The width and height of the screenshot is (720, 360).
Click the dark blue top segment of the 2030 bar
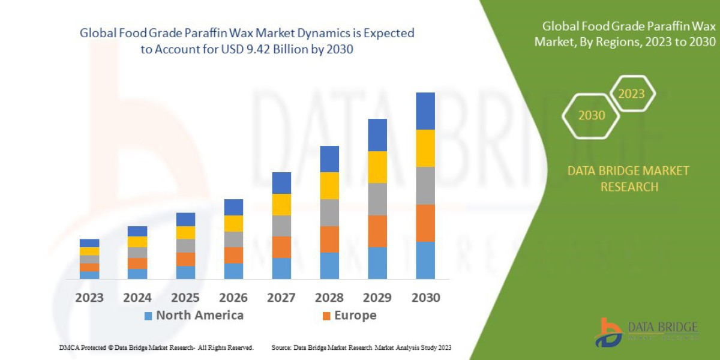pyautogui.click(x=425, y=111)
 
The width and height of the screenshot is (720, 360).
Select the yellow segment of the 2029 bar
pyautogui.click(x=377, y=167)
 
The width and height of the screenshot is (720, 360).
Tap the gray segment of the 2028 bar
pyautogui.click(x=329, y=212)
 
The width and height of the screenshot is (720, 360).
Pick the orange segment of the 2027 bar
pyautogui.click(x=281, y=247)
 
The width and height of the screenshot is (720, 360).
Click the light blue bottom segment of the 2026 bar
pyautogui.click(x=233, y=271)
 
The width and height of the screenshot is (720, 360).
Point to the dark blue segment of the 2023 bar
pyautogui.click(x=89, y=243)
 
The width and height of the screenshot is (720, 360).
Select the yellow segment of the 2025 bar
pyautogui.click(x=185, y=233)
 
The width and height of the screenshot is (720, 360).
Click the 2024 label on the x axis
pyautogui.click(x=137, y=298)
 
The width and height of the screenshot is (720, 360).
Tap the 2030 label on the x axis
pyautogui.click(x=425, y=298)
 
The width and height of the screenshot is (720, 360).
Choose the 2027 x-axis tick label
pyautogui.click(x=281, y=298)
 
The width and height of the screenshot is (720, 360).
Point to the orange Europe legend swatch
pyautogui.click(x=326, y=316)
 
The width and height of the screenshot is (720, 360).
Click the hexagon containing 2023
pyautogui.click(x=631, y=94)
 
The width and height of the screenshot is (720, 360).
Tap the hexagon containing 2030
pyautogui.click(x=591, y=115)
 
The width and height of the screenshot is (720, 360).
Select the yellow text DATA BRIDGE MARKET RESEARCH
pyautogui.click(x=628, y=179)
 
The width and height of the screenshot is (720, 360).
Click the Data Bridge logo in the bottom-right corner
pyautogui.click(x=646, y=332)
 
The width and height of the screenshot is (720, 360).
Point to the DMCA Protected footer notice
pyautogui.click(x=156, y=347)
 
